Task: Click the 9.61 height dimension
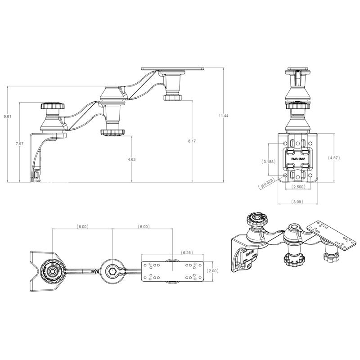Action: tap(7, 117)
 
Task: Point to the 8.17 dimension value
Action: tap(192, 141)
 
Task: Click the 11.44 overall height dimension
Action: tap(223, 116)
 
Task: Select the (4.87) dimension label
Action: tap(334, 158)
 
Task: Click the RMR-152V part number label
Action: tap(298, 158)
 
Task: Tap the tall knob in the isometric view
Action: tap(254, 221)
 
